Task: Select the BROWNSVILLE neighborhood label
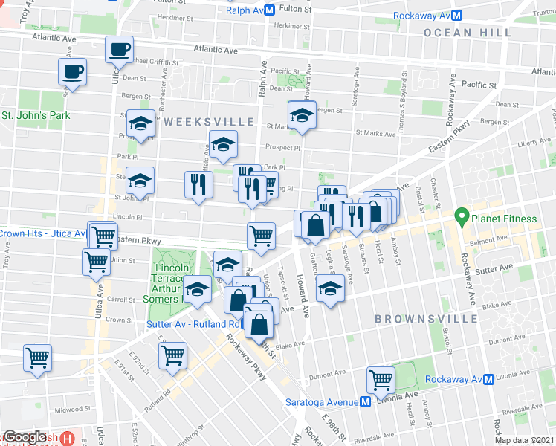[x=425, y=319]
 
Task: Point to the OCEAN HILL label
[x=468, y=33]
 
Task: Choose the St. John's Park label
[x=35, y=116]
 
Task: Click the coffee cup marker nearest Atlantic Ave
[x=119, y=51]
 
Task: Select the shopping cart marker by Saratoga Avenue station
[x=381, y=380]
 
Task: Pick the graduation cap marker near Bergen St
[x=302, y=115]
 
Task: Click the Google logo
[x=25, y=438]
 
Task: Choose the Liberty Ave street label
[x=536, y=142]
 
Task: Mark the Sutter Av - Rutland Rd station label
[x=193, y=325]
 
